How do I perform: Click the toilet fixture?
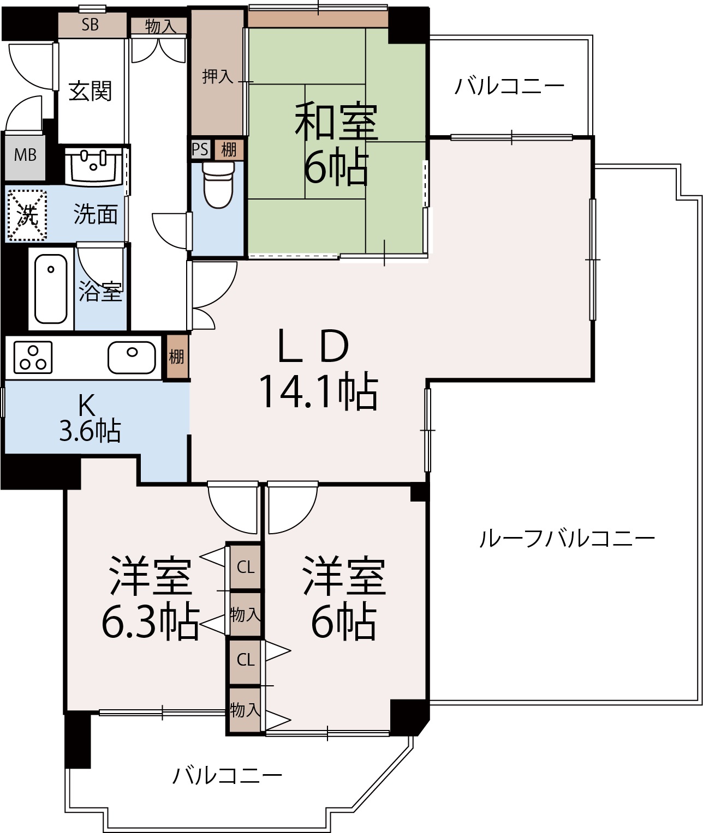[x=218, y=185]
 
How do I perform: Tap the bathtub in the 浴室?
[x=51, y=288]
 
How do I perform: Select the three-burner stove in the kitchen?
[x=33, y=358]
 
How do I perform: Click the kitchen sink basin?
[x=132, y=358]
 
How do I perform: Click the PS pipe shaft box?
[x=200, y=149]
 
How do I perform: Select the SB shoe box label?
[x=90, y=25]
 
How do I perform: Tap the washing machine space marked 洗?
[x=27, y=215]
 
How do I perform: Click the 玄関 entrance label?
[x=90, y=92]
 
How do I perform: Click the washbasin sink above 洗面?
[x=94, y=165]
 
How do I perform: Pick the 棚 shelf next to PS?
[x=229, y=149]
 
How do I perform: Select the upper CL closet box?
[x=245, y=567]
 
